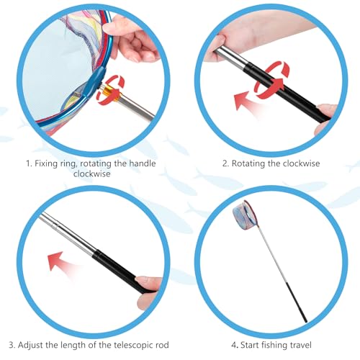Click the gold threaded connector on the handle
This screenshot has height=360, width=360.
(x=111, y=91)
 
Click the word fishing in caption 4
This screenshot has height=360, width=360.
(x=274, y=345)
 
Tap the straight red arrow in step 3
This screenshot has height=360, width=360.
(x=63, y=263)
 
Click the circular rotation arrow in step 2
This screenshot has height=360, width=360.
(x=272, y=80)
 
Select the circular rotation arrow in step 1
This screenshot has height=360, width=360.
(x=110, y=90)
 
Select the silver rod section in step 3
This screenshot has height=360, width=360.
(x=66, y=234)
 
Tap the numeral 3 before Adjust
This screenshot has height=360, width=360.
(x=12, y=345)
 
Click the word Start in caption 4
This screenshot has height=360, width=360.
(x=250, y=345)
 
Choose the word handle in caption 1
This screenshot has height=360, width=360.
(x=143, y=163)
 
